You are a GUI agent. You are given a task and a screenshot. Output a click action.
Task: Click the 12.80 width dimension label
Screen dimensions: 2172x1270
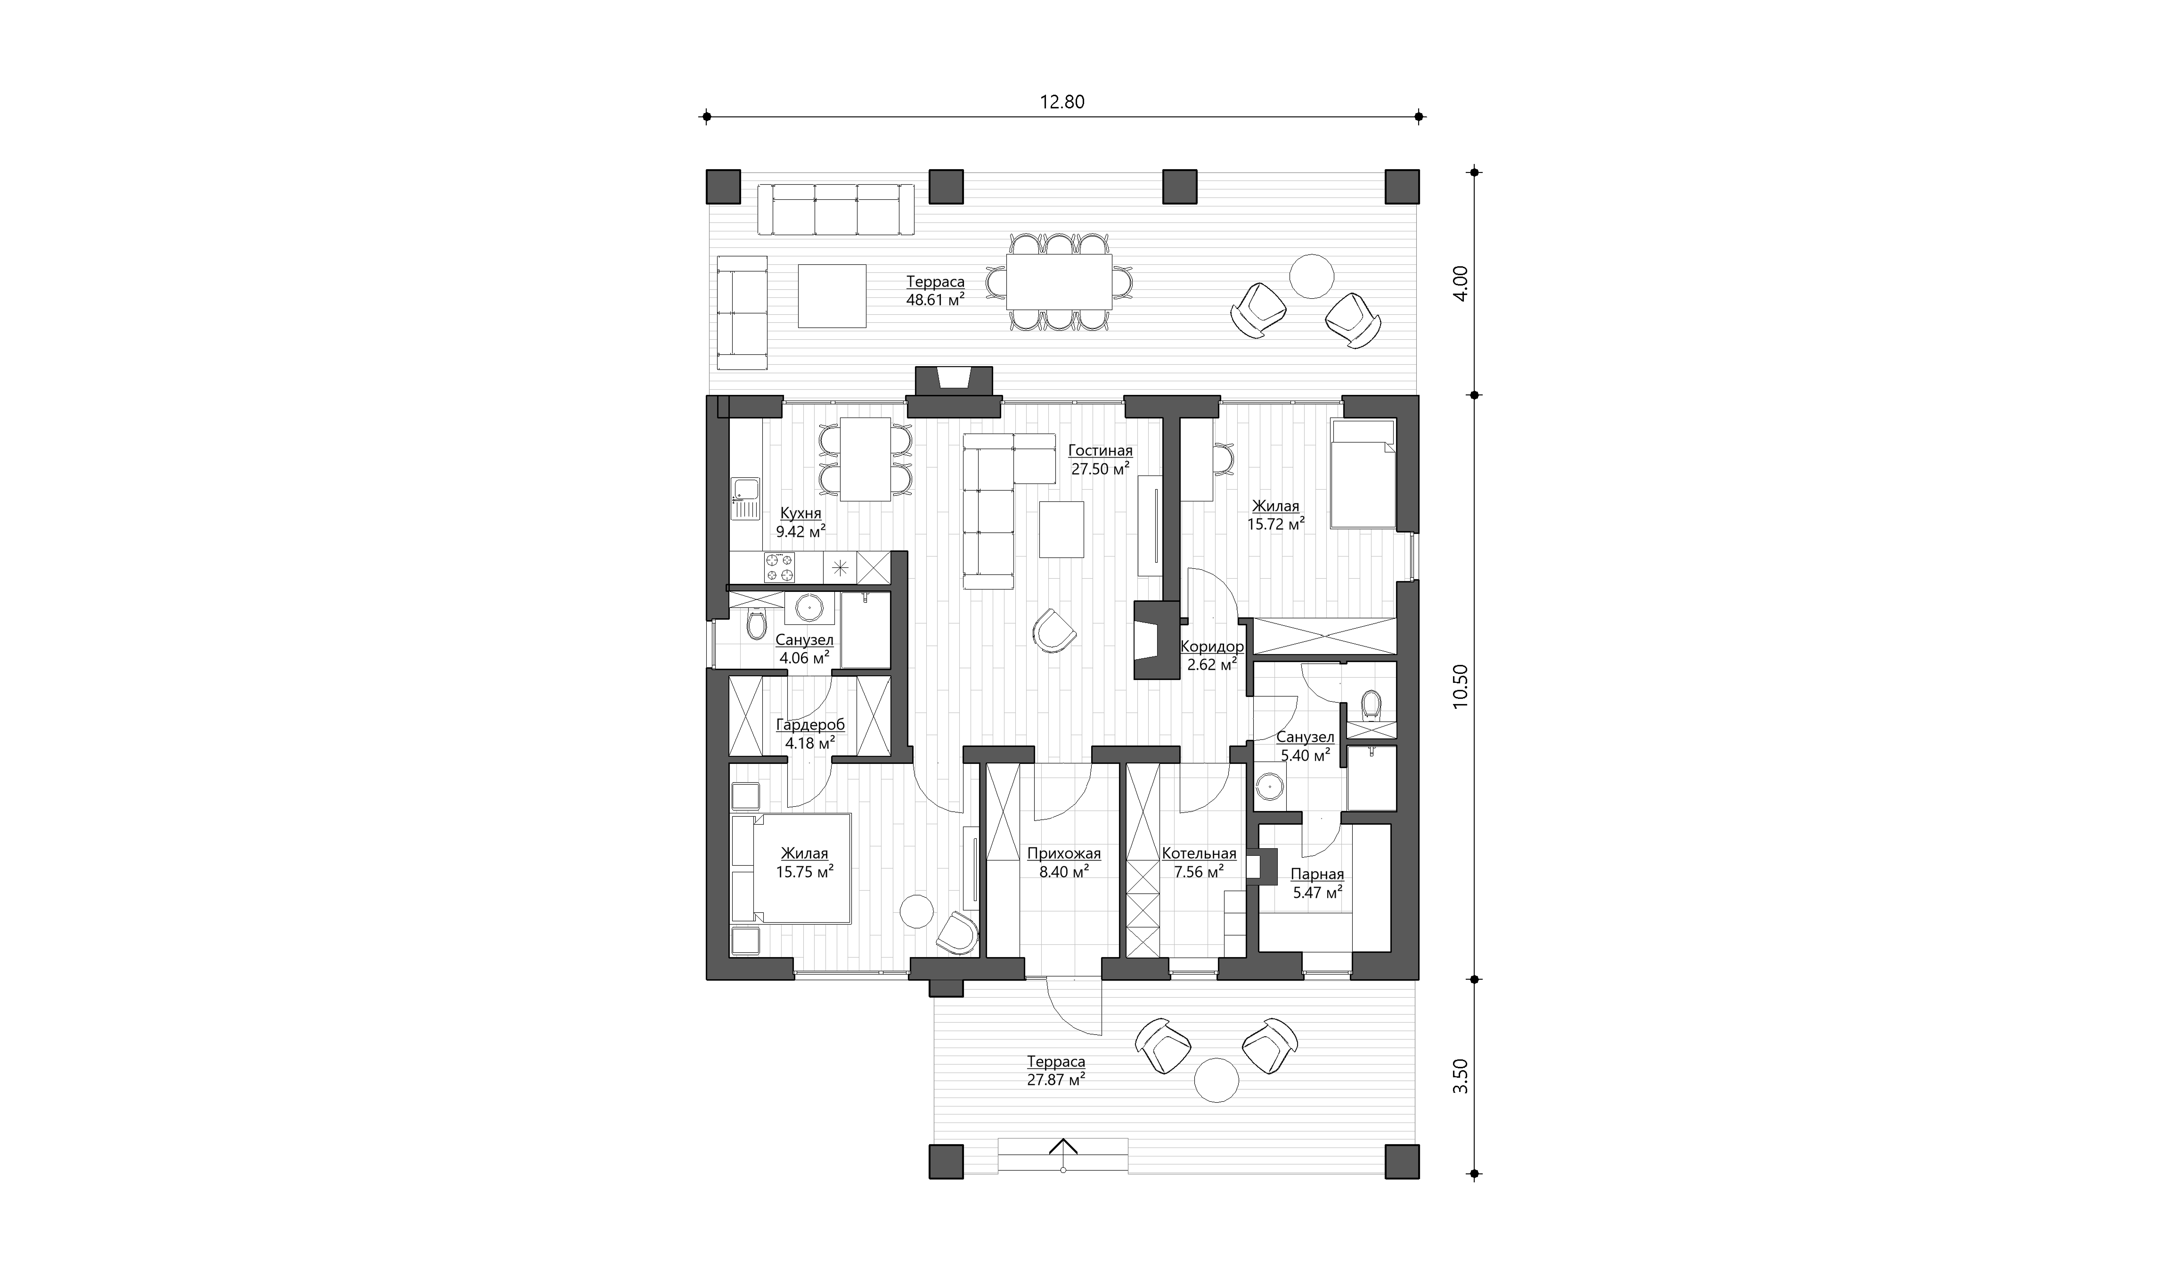(1062, 102)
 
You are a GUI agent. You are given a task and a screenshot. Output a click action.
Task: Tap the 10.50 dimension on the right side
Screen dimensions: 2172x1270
(1460, 686)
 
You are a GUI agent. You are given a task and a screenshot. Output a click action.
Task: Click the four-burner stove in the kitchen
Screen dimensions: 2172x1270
(177, 567)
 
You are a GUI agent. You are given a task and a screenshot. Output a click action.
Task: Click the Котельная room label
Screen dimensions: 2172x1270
(1199, 853)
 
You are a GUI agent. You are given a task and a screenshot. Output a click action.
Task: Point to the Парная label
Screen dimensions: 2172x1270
(1317, 874)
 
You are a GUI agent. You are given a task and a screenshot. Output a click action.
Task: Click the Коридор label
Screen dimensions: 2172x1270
(1212, 647)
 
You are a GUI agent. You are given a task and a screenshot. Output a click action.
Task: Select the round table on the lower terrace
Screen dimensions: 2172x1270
(1216, 1080)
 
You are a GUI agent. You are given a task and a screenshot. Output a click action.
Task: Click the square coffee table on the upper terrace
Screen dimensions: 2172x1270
(832, 296)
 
